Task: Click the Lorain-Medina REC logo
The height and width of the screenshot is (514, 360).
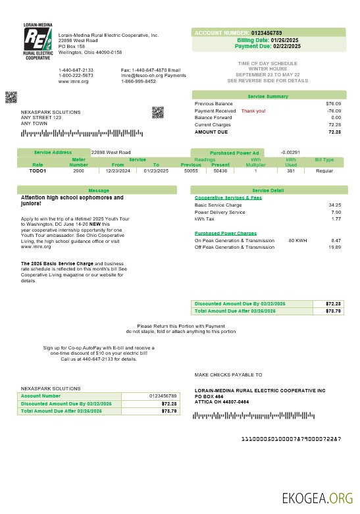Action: tap(37, 41)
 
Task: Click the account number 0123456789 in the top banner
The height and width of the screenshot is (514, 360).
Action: tap(267, 32)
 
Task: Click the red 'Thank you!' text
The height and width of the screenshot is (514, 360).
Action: tap(253, 111)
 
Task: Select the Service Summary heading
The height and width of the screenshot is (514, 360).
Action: tap(268, 97)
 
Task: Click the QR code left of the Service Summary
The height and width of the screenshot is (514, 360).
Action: tap(157, 112)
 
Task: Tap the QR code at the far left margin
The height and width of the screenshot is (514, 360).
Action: tap(11, 97)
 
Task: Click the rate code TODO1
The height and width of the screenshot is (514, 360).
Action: tap(38, 170)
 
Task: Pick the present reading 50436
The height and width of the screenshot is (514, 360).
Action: tap(220, 170)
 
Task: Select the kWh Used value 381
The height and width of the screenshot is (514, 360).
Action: tap(290, 170)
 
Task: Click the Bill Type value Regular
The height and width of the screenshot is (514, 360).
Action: tap(324, 170)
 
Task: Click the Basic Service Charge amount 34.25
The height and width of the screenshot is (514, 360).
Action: tap(334, 205)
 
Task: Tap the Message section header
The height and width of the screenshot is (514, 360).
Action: tap(97, 190)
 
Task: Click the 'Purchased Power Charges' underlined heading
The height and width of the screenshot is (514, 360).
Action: tap(226, 233)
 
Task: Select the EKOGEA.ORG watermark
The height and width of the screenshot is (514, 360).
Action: tap(317, 497)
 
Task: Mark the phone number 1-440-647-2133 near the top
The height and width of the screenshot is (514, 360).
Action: tap(76, 70)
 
